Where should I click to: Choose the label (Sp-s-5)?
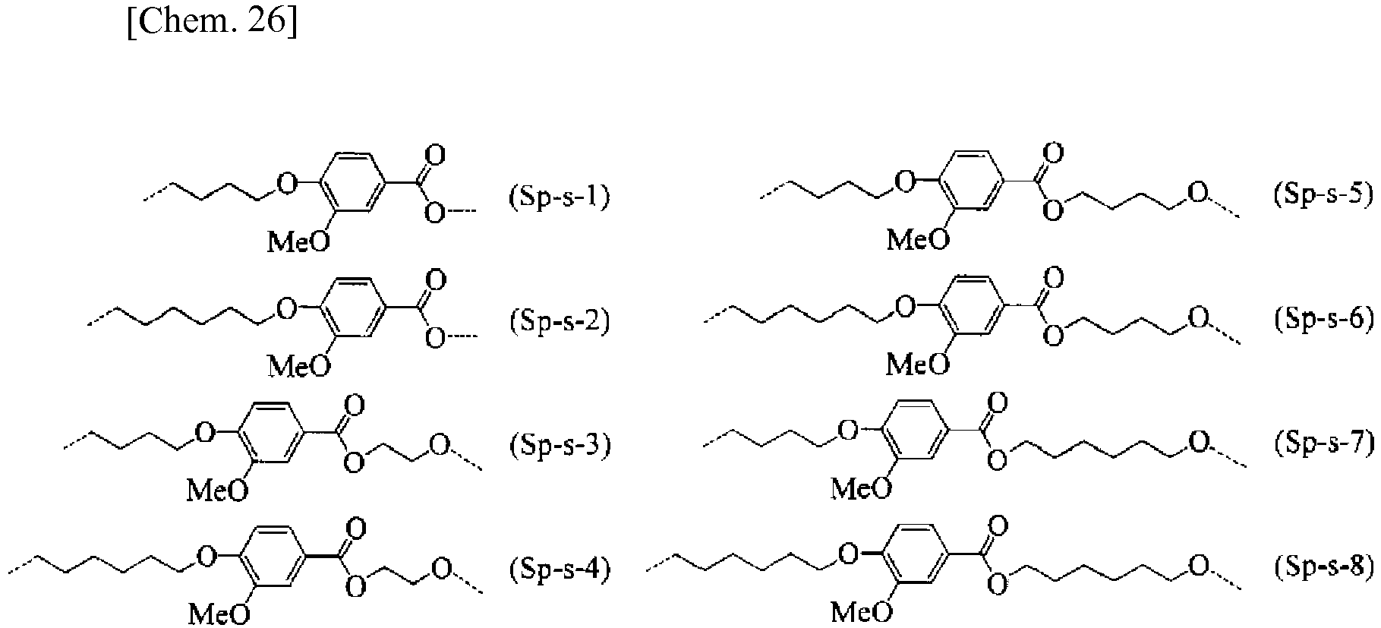(x=1324, y=194)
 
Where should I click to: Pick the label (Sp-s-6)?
(x=1324, y=319)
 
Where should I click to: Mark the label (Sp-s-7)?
(x=1324, y=442)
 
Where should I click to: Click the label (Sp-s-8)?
(x=1324, y=566)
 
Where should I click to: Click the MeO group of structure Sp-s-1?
(x=300, y=241)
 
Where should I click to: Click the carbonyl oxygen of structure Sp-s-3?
(x=355, y=403)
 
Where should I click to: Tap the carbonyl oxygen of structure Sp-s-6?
(x=1053, y=277)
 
